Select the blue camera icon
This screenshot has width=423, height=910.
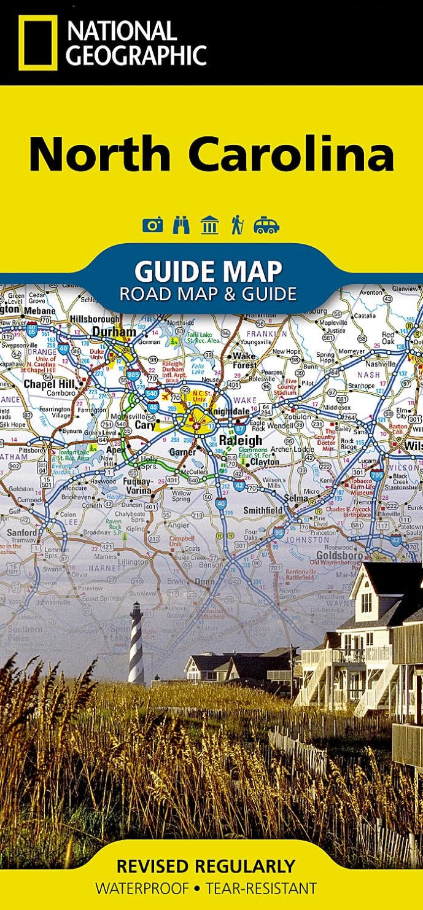(152, 225)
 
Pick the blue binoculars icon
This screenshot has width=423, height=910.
(182, 225)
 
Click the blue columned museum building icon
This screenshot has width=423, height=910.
(210, 225)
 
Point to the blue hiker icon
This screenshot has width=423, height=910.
(237, 225)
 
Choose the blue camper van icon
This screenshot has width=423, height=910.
(266, 225)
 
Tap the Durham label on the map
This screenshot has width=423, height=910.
(114, 332)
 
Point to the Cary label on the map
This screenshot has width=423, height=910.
(145, 424)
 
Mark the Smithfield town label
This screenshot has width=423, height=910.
(263, 510)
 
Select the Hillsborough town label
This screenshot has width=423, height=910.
(95, 319)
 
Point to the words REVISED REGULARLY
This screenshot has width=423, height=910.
(206, 866)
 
